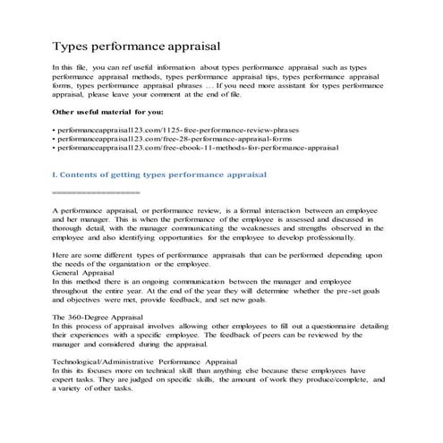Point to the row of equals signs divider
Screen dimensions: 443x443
click(96, 192)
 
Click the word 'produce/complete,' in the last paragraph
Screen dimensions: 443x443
click(333, 380)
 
